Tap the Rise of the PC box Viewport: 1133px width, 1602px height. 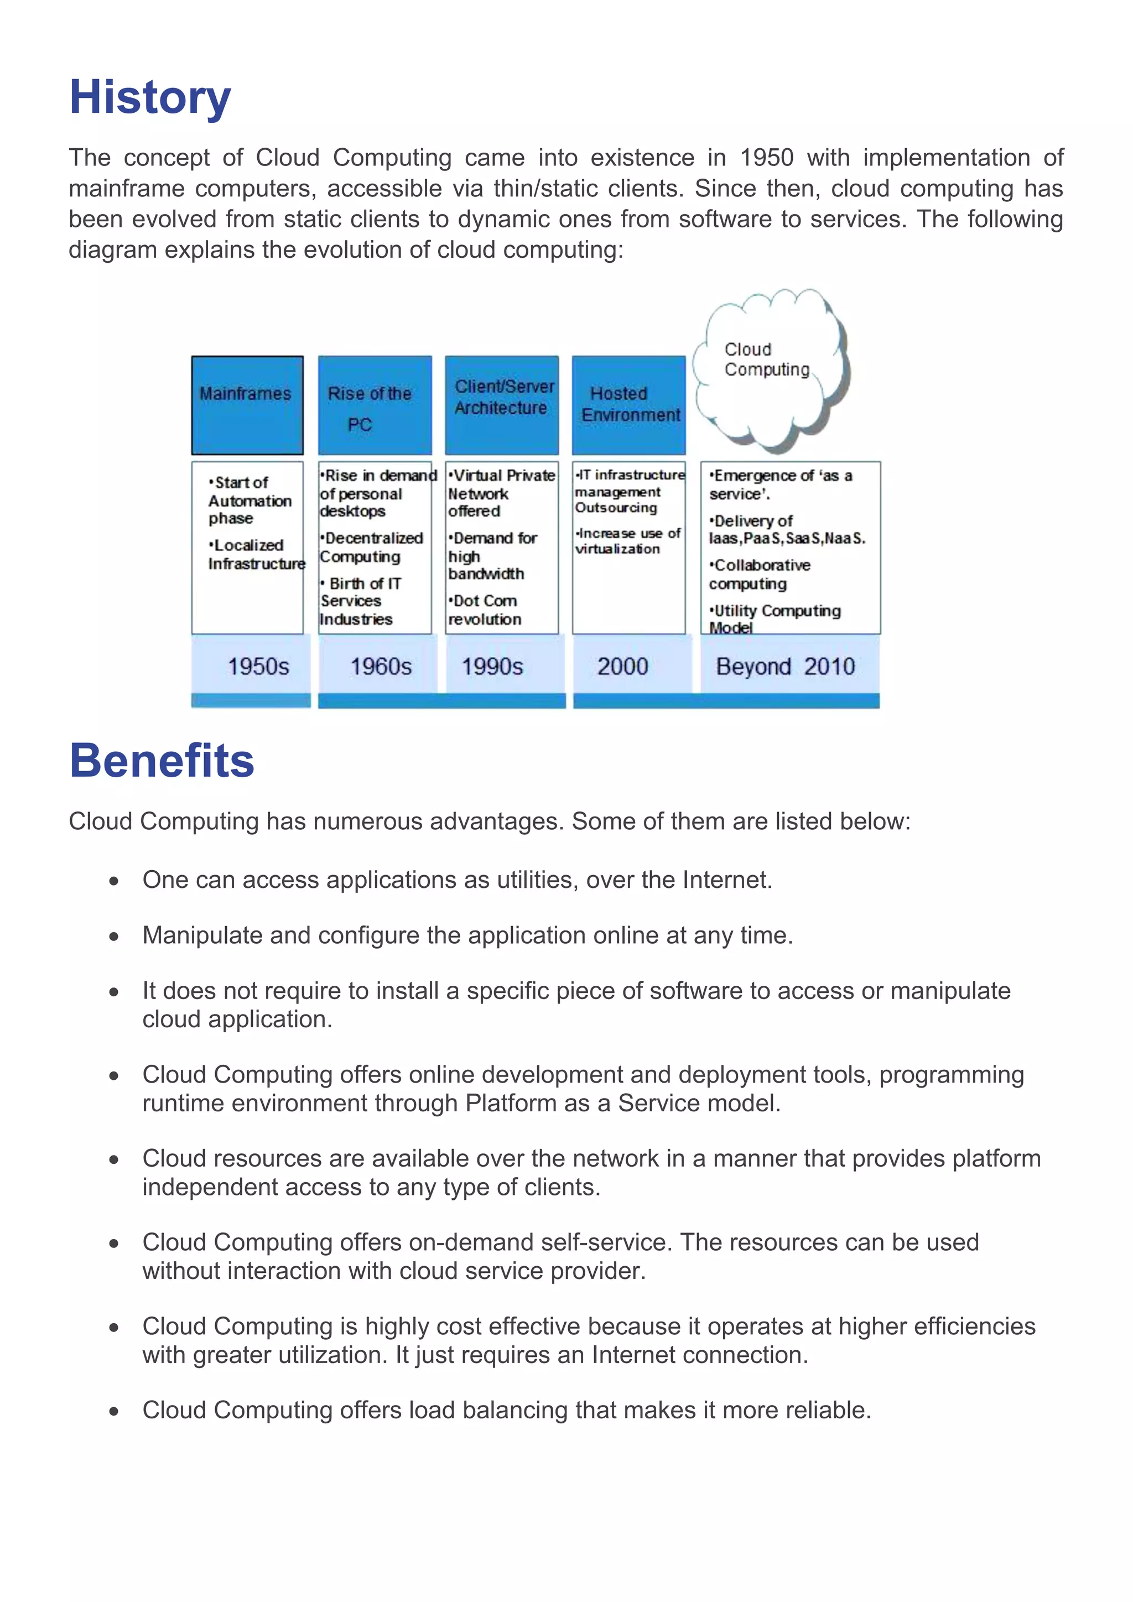[375, 405]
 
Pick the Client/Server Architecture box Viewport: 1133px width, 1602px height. [502, 405]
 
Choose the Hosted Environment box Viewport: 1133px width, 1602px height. [628, 405]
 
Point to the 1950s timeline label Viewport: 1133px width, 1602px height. [258, 667]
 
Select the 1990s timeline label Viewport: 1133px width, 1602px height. [492, 667]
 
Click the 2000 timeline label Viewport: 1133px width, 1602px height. [622, 667]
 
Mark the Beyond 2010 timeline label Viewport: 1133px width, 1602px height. [785, 667]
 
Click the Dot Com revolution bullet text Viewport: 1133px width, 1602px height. [485, 610]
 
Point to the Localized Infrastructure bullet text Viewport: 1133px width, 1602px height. [256, 554]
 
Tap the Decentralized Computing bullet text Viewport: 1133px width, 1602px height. [372, 547]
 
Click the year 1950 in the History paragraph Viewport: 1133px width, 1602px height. [766, 158]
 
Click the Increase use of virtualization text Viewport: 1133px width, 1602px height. [627, 541]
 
